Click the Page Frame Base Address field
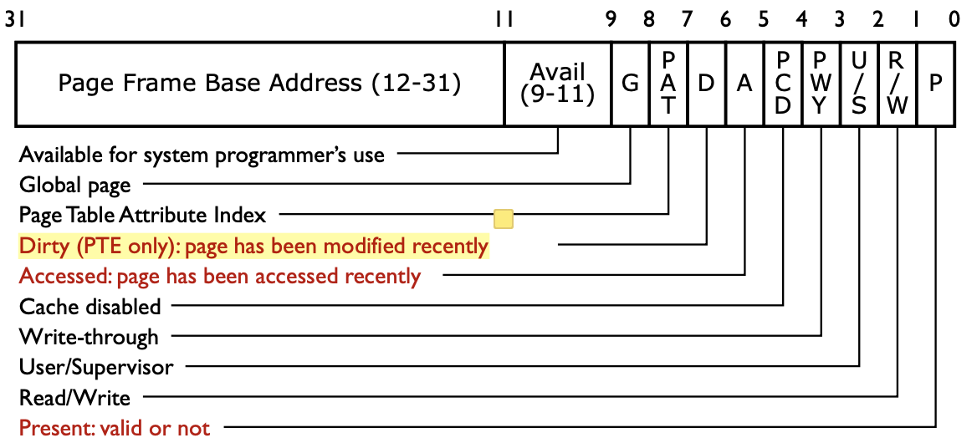click(x=259, y=84)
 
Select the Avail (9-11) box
click(x=558, y=84)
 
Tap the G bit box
click(x=630, y=84)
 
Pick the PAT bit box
click(x=668, y=84)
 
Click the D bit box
click(x=706, y=84)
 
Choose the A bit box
click(x=744, y=84)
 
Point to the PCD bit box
click(x=783, y=84)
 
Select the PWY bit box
click(x=821, y=84)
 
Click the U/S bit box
click(x=859, y=84)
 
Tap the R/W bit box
click(x=897, y=84)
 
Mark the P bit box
click(x=936, y=84)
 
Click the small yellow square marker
click(x=503, y=219)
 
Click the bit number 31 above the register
click(x=14, y=20)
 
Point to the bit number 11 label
click(x=504, y=20)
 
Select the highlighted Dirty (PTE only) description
click(x=253, y=247)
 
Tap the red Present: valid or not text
click(x=115, y=428)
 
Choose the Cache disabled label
click(x=90, y=307)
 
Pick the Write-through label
click(x=89, y=337)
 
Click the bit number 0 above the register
click(x=954, y=20)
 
